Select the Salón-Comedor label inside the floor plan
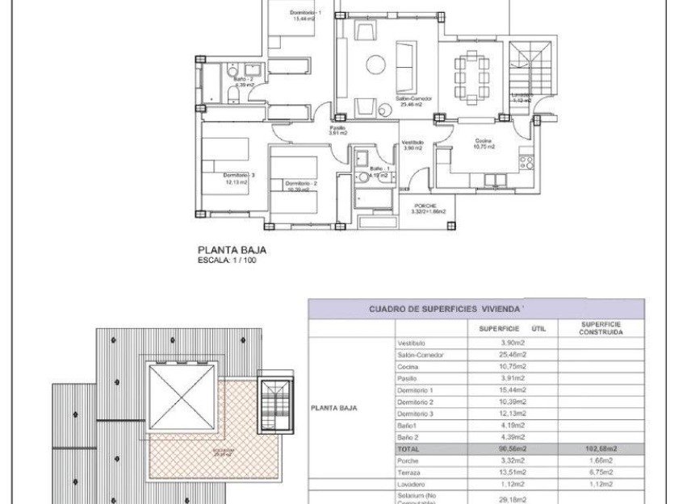click(x=413, y=100)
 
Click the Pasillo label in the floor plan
click(x=337, y=130)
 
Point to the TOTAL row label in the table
click(x=409, y=448)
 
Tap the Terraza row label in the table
click(x=410, y=472)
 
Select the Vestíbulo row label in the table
click(x=413, y=344)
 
